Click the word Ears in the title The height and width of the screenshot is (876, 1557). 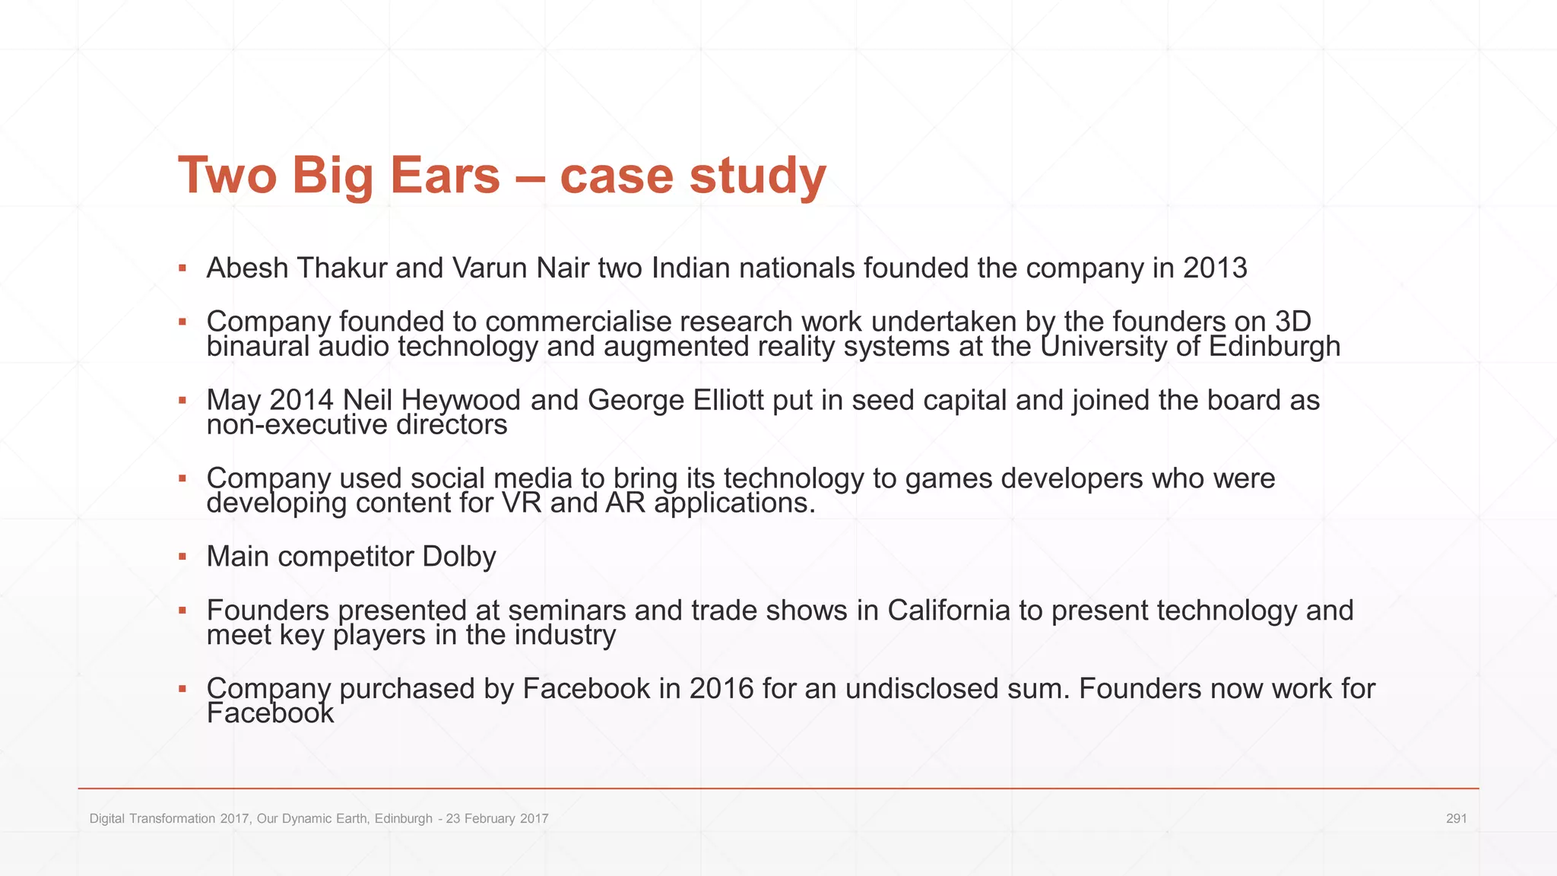(445, 175)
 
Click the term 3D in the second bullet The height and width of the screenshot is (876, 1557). (1293, 321)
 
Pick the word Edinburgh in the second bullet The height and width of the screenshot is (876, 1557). (1274, 347)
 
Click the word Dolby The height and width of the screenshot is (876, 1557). (459, 557)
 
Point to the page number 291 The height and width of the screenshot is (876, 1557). (1456, 818)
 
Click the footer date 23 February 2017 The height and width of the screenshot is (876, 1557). (497, 818)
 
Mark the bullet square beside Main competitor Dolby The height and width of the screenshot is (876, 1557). (182, 557)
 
